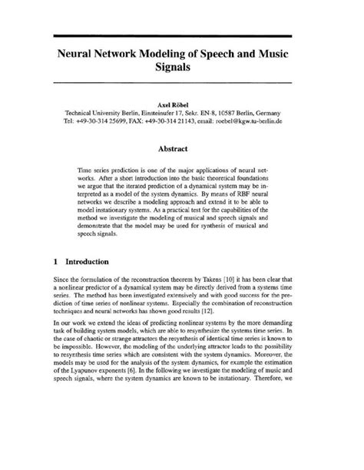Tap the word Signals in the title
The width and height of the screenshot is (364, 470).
click(182, 70)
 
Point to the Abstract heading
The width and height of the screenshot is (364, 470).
click(182, 151)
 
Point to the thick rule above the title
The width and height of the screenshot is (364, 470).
click(182, 36)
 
